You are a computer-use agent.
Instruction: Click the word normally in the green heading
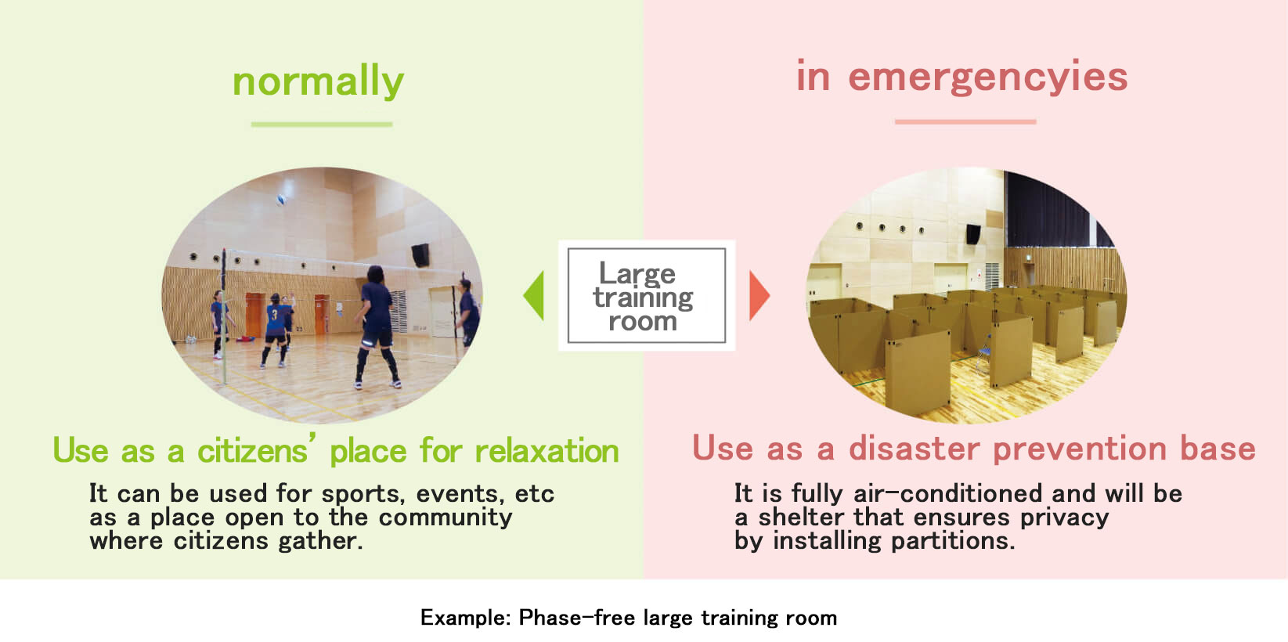(x=318, y=81)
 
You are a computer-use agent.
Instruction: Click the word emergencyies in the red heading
(x=988, y=77)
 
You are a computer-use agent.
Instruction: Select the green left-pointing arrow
(x=534, y=295)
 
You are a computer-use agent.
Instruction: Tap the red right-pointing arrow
(x=759, y=295)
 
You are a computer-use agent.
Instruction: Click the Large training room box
(x=646, y=295)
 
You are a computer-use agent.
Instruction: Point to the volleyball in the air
(x=281, y=200)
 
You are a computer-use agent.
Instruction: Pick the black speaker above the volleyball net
(x=421, y=255)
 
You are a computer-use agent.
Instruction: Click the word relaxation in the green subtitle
(x=547, y=451)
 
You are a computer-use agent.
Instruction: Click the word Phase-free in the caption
(x=577, y=618)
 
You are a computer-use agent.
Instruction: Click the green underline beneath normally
(x=322, y=124)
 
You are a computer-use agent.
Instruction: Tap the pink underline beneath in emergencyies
(x=965, y=122)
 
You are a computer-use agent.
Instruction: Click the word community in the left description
(x=445, y=518)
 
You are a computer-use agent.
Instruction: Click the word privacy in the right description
(x=1064, y=518)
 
